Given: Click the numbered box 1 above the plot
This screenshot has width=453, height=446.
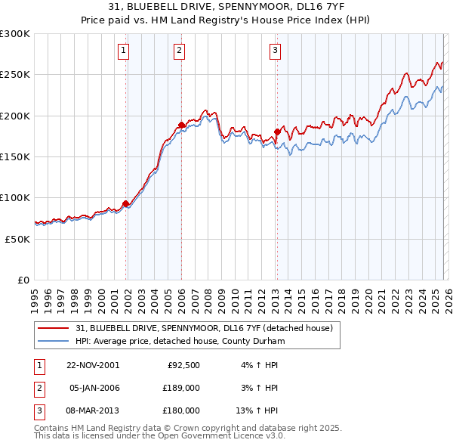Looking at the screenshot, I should (123, 51).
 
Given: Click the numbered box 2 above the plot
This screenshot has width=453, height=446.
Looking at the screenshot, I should (179, 51).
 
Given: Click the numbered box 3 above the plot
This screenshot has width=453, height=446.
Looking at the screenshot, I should (275, 51).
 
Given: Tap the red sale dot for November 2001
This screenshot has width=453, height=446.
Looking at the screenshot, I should (126, 203).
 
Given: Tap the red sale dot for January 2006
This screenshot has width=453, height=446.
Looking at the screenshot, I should (181, 125).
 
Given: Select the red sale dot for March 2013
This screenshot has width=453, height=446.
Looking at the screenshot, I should (277, 132).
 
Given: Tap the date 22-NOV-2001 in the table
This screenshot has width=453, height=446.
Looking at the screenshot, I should (93, 364).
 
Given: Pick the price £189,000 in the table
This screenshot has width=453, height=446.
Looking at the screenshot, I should (181, 387).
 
